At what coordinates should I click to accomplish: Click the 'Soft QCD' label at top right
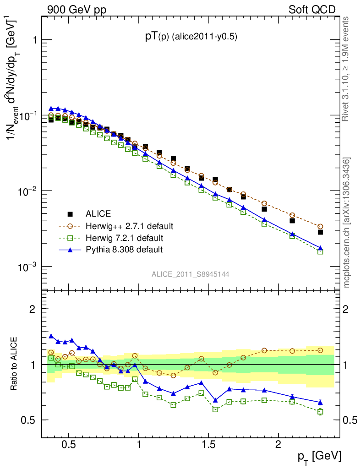312,9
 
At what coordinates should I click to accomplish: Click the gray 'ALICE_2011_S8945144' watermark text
191,274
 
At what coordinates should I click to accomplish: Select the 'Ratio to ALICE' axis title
15,363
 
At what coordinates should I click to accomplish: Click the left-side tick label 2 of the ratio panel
33,309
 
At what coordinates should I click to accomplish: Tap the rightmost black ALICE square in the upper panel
320,232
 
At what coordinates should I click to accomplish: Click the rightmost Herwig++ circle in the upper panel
320,226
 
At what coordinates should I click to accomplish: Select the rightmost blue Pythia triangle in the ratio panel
320,403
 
